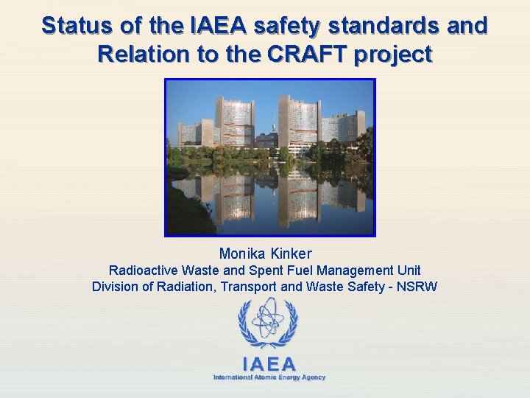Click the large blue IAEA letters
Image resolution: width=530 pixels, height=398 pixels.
pos(269,364)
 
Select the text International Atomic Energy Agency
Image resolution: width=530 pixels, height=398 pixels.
pos(269,377)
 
